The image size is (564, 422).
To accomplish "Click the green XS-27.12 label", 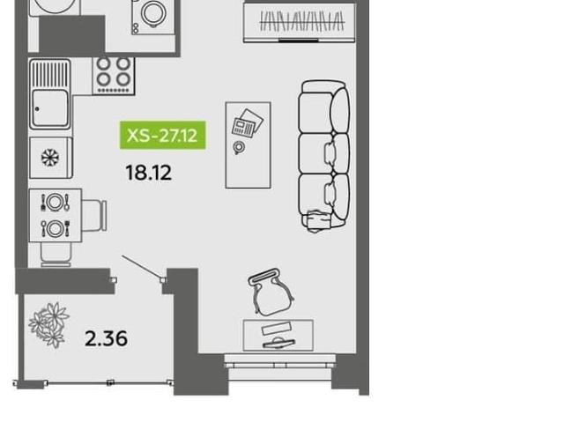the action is [162, 135].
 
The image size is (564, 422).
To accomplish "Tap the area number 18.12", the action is [149, 173].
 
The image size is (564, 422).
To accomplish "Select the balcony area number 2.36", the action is [106, 338].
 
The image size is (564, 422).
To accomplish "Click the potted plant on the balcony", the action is [48, 325].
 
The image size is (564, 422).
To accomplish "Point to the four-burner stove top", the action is [114, 76].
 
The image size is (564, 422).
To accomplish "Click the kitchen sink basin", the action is [49, 107].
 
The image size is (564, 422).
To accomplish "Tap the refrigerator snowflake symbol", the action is [50, 158].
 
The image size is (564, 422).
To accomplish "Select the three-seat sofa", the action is [324, 156].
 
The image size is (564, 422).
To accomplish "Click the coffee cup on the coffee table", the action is [239, 147].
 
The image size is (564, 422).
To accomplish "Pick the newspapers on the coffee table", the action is [248, 123].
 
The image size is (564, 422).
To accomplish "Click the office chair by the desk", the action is [271, 292].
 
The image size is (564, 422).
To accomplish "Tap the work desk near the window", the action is [278, 335].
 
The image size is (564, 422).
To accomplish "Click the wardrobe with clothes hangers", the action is [300, 22].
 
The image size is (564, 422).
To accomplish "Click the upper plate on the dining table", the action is [55, 203].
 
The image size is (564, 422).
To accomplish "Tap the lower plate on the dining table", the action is [55, 228].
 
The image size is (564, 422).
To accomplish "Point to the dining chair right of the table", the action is [94, 215].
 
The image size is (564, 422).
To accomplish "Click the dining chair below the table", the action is [56, 255].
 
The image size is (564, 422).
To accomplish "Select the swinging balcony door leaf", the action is [142, 267].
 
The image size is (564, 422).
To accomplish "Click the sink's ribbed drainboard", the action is [50, 74].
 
